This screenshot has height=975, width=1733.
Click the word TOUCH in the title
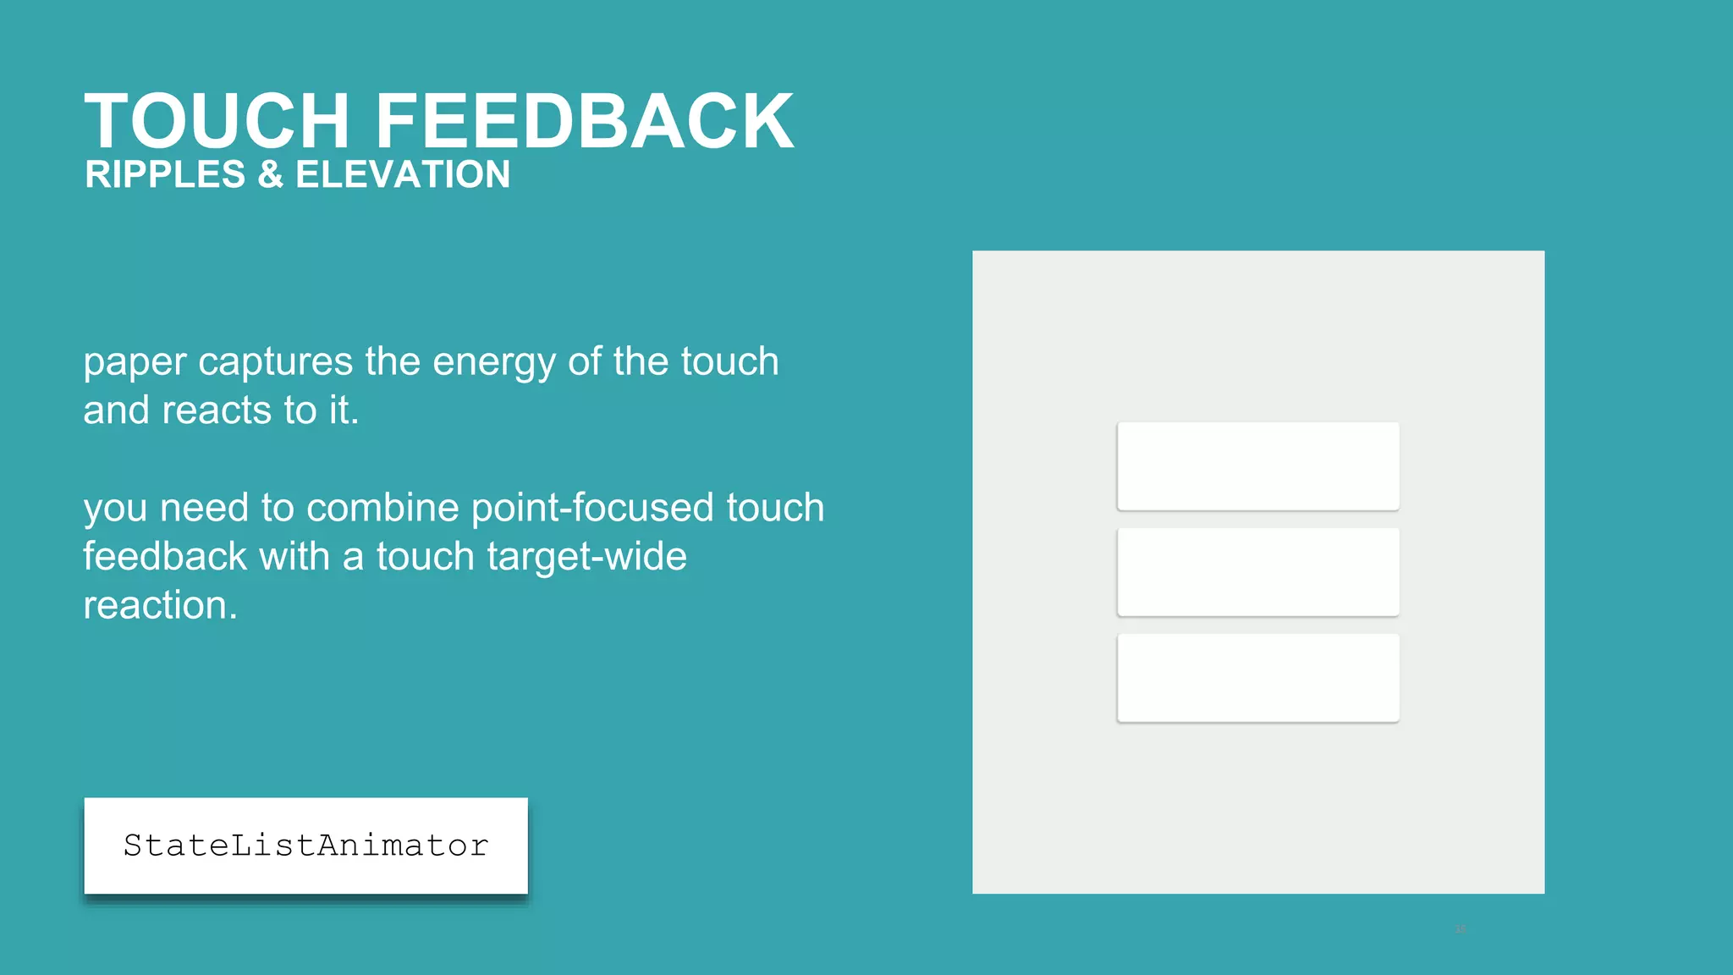tap(217, 122)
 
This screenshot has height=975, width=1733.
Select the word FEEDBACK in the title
tap(584, 122)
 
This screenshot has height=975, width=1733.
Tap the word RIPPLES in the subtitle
tap(165, 175)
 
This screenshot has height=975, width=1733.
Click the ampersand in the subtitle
tap(271, 175)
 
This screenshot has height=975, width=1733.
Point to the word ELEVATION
tap(403, 175)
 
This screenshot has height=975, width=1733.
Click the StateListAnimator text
tap(305, 846)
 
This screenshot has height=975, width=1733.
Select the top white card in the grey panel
tap(1257, 465)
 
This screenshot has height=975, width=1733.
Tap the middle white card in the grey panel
tap(1257, 571)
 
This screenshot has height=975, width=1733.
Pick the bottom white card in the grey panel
tap(1257, 677)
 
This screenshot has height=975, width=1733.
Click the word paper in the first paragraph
tap(135, 363)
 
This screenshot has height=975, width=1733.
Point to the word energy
tap(494, 363)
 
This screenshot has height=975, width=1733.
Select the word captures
tap(275, 363)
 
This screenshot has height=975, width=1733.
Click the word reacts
tap(217, 411)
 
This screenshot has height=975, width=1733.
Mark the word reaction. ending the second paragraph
tap(160, 606)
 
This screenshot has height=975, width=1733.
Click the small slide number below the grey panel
tap(1460, 929)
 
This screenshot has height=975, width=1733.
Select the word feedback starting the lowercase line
tap(165, 557)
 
